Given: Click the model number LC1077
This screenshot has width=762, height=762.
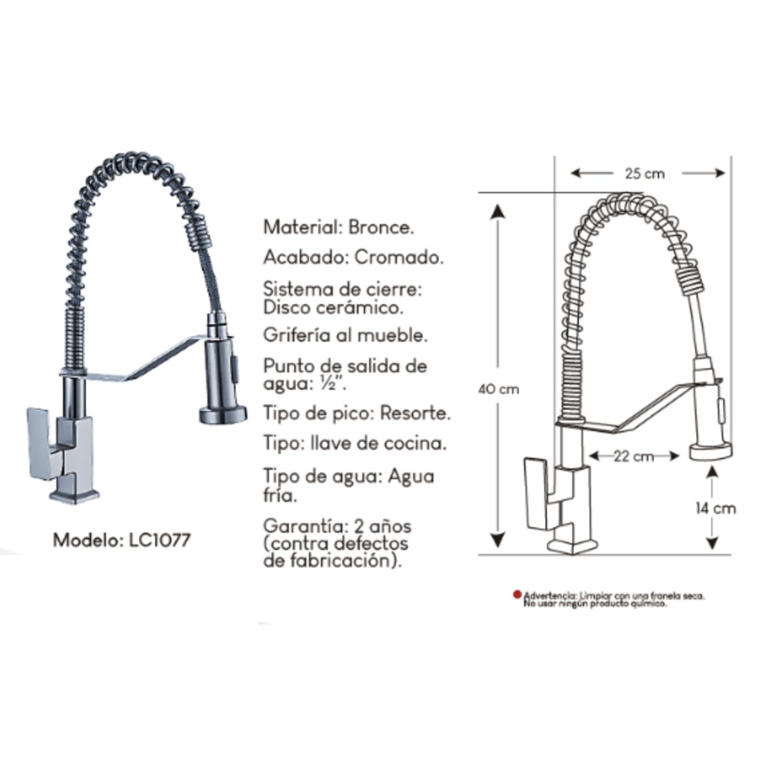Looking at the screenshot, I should (x=156, y=540).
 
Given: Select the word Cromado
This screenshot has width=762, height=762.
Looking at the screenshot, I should (x=399, y=257).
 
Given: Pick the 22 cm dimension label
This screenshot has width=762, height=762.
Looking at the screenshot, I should (x=634, y=456).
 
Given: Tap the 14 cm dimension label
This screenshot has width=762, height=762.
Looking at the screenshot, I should (x=715, y=508).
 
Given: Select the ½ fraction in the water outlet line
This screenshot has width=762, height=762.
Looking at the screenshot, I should (x=335, y=385).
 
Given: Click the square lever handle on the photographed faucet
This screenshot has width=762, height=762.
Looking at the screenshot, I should (x=39, y=442).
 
